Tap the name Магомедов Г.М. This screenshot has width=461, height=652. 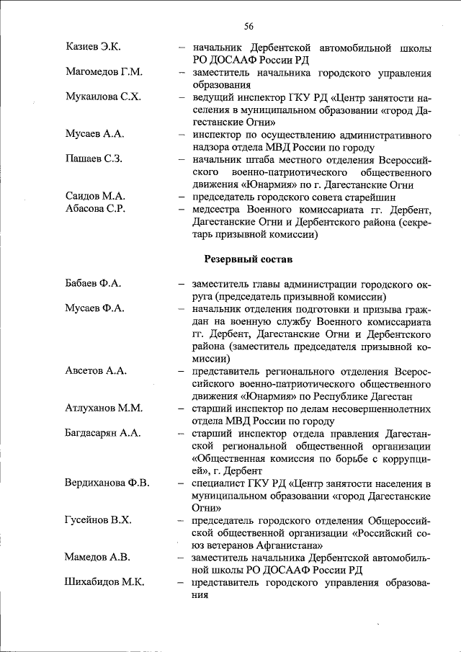tap(104, 73)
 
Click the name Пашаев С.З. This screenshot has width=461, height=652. tap(94, 158)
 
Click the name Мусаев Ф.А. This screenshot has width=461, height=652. tap(95, 308)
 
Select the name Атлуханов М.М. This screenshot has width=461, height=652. tap(104, 408)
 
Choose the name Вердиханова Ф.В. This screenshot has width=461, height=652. tap(107, 482)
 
